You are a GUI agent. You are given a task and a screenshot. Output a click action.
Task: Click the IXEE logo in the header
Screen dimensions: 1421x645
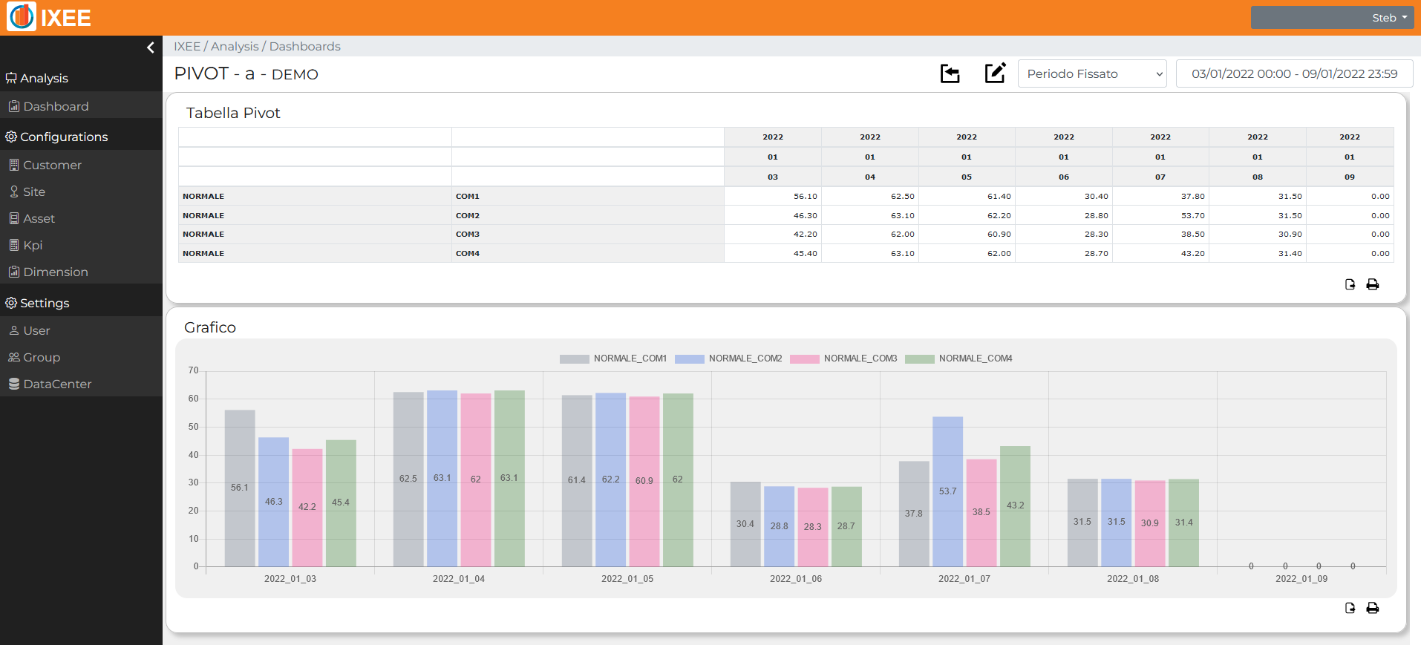49,17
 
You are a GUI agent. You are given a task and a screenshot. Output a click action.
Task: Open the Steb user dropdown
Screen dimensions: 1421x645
1332,18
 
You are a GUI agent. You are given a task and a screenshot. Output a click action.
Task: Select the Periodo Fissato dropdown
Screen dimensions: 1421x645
1092,73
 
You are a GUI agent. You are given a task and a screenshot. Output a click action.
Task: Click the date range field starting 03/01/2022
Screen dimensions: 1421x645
1294,73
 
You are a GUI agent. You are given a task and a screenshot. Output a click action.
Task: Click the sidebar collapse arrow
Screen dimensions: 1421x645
151,48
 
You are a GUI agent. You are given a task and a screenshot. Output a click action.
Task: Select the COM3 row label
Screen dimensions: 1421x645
468,234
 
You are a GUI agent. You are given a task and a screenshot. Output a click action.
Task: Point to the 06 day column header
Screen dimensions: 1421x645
1064,177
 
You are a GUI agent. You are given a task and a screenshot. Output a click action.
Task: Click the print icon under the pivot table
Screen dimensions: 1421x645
1373,284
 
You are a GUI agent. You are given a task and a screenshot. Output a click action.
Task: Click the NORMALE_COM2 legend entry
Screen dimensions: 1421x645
728,358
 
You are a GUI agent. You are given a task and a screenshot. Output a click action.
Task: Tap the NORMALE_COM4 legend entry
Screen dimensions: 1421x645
958,358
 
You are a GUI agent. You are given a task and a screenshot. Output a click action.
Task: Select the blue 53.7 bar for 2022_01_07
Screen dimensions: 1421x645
947,491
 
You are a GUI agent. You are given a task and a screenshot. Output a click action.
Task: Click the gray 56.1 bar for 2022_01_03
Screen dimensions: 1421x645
240,488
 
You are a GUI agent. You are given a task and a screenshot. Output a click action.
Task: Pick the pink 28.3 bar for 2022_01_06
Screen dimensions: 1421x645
813,527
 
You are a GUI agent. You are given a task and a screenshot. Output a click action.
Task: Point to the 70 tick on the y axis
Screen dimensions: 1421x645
194,370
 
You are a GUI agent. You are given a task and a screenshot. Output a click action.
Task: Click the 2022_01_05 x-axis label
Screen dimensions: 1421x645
627,579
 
